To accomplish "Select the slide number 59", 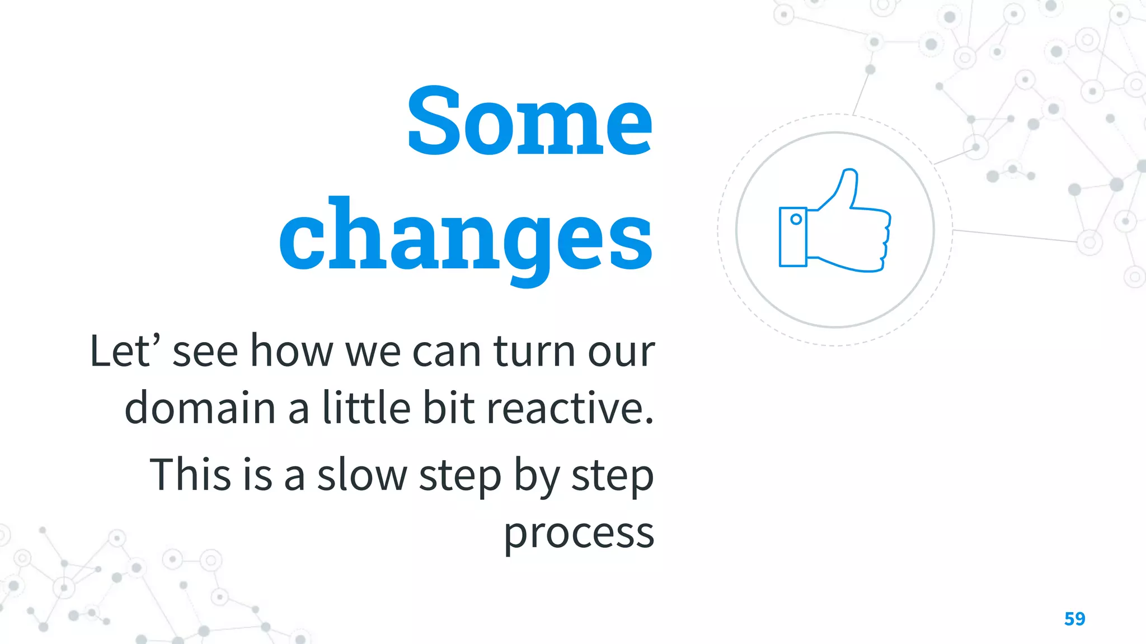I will pyautogui.click(x=1074, y=619).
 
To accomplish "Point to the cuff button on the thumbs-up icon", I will pyautogui.click(x=796, y=220).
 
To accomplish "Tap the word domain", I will pyautogui.click(x=200, y=408).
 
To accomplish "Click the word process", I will pyautogui.click(x=579, y=534).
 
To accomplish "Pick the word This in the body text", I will pyautogui.click(x=190, y=475).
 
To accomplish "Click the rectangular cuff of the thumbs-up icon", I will pyautogui.click(x=793, y=236).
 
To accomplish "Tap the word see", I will pyautogui.click(x=205, y=352).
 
